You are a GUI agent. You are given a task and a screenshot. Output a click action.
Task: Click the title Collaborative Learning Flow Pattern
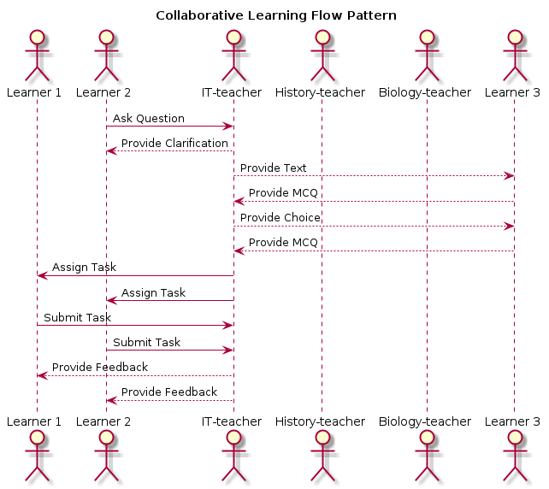click(x=275, y=15)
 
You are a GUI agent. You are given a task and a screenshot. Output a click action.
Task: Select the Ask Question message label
click(x=148, y=118)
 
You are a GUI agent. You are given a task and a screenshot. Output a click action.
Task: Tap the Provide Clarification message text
click(x=174, y=143)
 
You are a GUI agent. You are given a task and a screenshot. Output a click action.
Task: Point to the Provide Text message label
click(x=273, y=168)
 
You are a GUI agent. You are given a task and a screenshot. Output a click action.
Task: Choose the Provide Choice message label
click(x=280, y=217)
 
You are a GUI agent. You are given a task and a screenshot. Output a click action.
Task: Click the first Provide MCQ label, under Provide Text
click(x=283, y=192)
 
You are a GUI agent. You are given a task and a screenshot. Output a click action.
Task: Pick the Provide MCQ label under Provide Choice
click(x=283, y=242)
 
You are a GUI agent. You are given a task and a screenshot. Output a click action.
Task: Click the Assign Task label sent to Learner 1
click(x=84, y=268)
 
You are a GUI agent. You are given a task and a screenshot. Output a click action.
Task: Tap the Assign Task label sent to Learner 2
click(x=153, y=292)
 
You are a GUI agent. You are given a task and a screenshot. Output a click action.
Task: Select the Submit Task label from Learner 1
click(x=77, y=317)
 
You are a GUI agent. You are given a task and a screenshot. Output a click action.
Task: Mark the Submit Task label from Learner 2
click(x=146, y=342)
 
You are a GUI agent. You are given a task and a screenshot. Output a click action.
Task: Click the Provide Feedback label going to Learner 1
click(x=99, y=367)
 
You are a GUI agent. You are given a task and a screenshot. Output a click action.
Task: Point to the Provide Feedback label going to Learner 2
click(x=168, y=392)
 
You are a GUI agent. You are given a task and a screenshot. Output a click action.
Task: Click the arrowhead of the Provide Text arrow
click(x=510, y=176)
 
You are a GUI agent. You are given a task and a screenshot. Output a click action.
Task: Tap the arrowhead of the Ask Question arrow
click(x=228, y=127)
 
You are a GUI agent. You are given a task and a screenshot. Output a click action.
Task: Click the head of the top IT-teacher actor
click(x=232, y=36)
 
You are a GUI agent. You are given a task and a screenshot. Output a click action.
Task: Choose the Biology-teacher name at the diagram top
click(x=426, y=92)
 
